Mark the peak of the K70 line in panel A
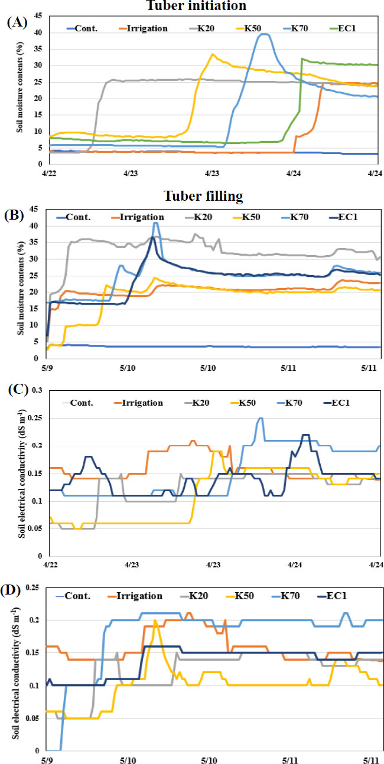tap(264, 34)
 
